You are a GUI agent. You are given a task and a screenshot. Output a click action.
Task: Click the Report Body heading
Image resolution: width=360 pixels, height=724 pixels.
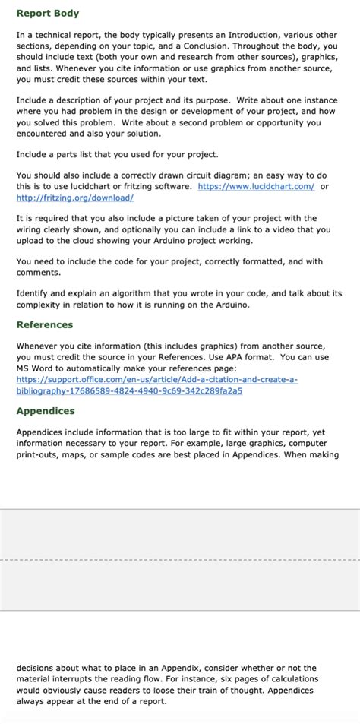pos(47,14)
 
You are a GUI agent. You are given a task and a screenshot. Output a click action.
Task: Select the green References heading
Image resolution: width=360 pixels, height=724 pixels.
pos(45,324)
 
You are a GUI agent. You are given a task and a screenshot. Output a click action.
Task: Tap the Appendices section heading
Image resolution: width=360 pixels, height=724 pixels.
pos(46,411)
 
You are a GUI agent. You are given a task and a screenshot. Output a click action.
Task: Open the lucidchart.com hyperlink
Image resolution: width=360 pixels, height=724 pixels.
pos(256,186)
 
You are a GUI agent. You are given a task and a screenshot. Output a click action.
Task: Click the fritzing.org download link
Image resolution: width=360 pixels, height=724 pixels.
pos(75,198)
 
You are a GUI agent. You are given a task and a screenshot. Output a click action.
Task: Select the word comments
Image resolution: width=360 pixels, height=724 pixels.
pos(38,273)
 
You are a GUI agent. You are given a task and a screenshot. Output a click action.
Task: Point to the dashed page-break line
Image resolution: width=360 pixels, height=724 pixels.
pos(180,560)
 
